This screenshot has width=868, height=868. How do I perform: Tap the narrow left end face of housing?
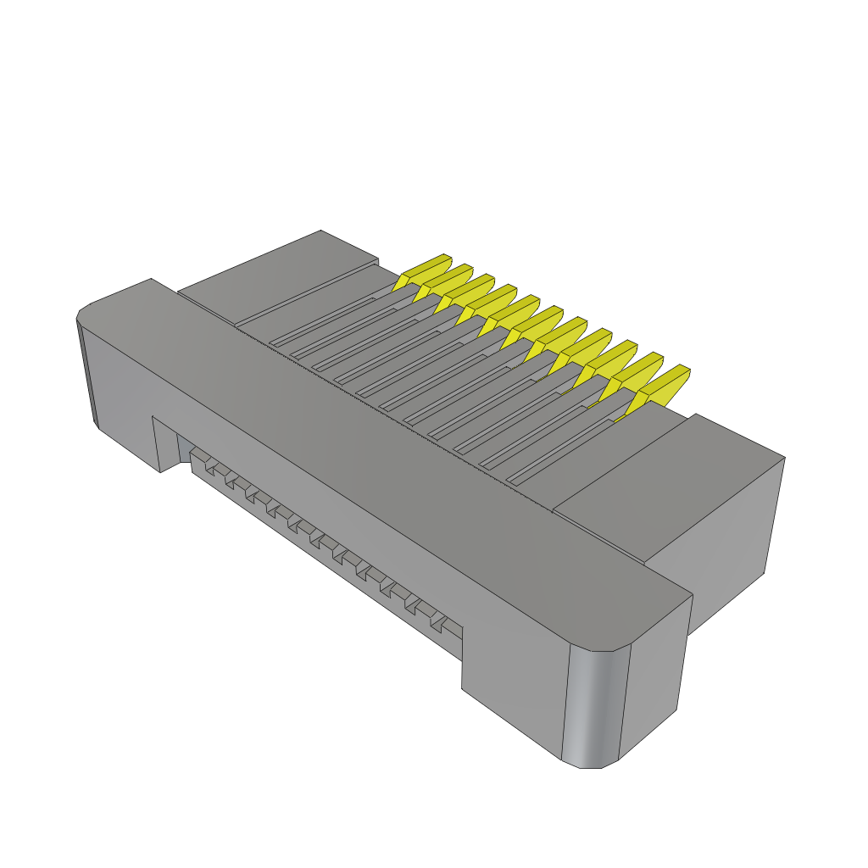(88, 373)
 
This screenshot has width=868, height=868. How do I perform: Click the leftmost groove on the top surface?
(322, 322)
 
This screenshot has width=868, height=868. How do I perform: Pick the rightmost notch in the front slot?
(437, 623)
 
